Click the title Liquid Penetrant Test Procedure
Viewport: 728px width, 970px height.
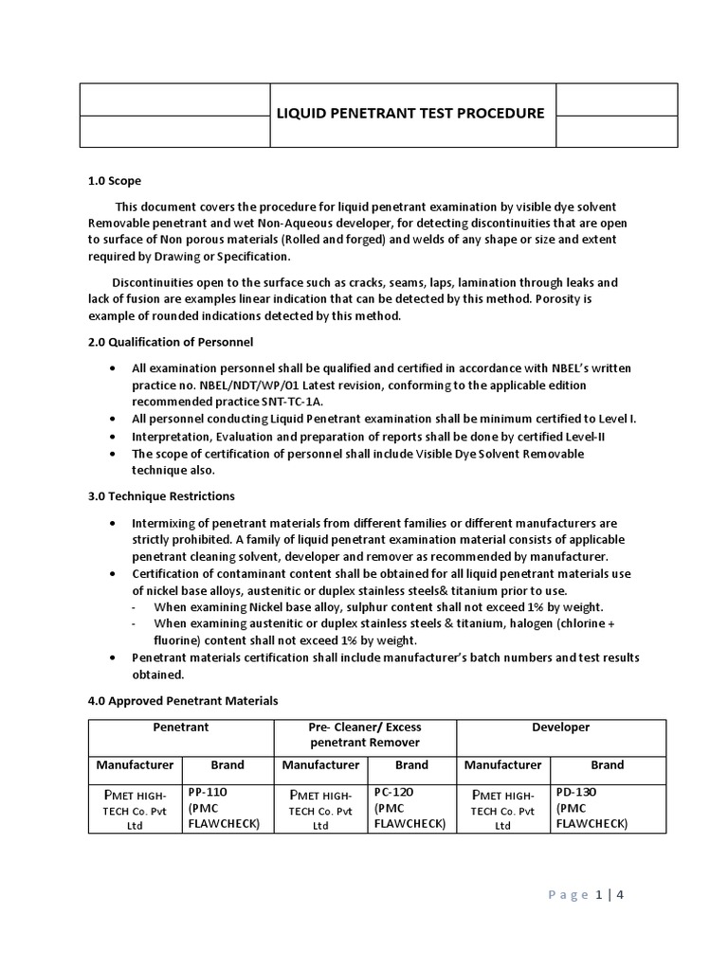pos(409,114)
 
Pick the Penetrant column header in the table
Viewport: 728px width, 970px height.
pos(181,727)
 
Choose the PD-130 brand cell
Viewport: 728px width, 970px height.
pos(576,792)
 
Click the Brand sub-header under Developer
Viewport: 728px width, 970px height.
pos(608,765)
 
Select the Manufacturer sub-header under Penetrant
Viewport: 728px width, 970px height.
pos(135,765)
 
